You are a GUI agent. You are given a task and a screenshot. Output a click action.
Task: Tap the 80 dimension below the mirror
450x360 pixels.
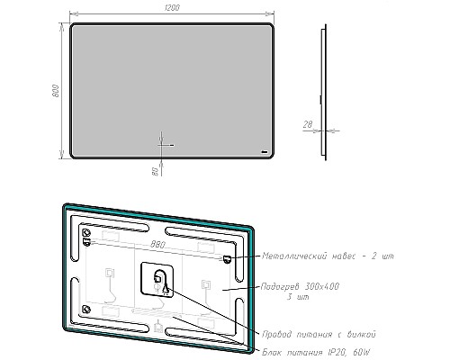155,168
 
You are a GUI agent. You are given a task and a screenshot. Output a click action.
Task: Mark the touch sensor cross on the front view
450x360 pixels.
163,140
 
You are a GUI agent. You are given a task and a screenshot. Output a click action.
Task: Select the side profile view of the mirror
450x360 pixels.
323,90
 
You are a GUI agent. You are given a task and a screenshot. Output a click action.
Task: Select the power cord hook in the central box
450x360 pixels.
158,281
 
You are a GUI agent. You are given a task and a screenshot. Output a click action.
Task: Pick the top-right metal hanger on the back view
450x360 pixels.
226,258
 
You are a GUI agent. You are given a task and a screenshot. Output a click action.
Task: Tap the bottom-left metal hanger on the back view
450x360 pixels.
85,310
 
